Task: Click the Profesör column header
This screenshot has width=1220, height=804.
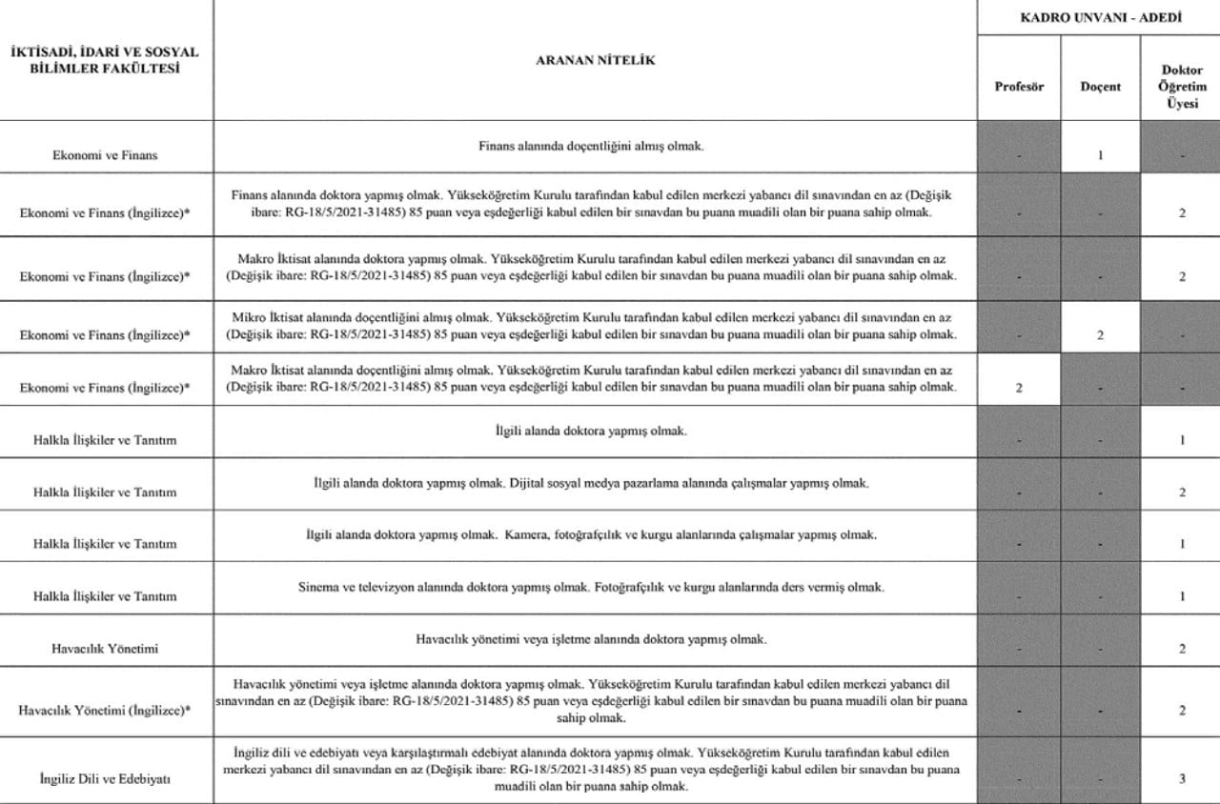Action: pos(1019,86)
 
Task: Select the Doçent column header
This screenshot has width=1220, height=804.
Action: pos(1100,86)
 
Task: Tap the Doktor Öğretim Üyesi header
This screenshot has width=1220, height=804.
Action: pos(1181,87)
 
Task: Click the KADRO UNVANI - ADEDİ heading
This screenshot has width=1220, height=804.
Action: pos(1097,17)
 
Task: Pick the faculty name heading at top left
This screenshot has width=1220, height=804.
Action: pos(105,60)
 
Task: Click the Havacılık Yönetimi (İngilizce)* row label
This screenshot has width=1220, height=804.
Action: pos(105,710)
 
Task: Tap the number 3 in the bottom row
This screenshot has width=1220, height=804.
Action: pos(1181,778)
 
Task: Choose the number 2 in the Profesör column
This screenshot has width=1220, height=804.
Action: pos(1019,388)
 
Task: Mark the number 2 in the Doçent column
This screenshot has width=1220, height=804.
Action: pos(1100,335)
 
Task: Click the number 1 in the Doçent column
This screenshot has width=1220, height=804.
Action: pos(1100,153)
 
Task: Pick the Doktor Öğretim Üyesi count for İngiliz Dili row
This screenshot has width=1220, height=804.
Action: pos(1181,778)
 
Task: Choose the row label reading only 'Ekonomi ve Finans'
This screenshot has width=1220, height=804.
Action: pos(105,154)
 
